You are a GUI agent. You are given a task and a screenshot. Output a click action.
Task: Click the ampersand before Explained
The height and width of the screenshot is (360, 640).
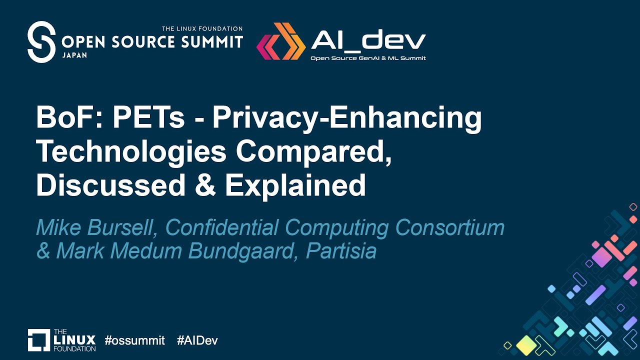[x=205, y=185]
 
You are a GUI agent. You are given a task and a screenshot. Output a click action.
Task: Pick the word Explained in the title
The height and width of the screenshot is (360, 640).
[x=295, y=185]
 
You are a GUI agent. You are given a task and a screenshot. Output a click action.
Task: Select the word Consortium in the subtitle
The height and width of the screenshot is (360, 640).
[x=450, y=227]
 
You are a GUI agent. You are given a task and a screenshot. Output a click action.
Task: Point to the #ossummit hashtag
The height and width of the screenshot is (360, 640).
[x=134, y=341]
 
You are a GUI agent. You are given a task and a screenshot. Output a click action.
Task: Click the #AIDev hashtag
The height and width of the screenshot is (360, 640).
[x=197, y=341]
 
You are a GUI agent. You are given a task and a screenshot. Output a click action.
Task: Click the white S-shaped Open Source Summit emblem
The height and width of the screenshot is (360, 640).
[x=41, y=42]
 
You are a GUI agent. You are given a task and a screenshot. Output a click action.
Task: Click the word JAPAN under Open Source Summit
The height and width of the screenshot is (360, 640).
[x=74, y=55]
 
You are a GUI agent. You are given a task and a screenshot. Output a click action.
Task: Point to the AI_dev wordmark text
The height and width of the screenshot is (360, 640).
[x=368, y=40]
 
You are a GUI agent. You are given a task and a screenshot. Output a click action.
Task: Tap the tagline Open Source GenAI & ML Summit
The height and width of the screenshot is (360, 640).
[x=368, y=58]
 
